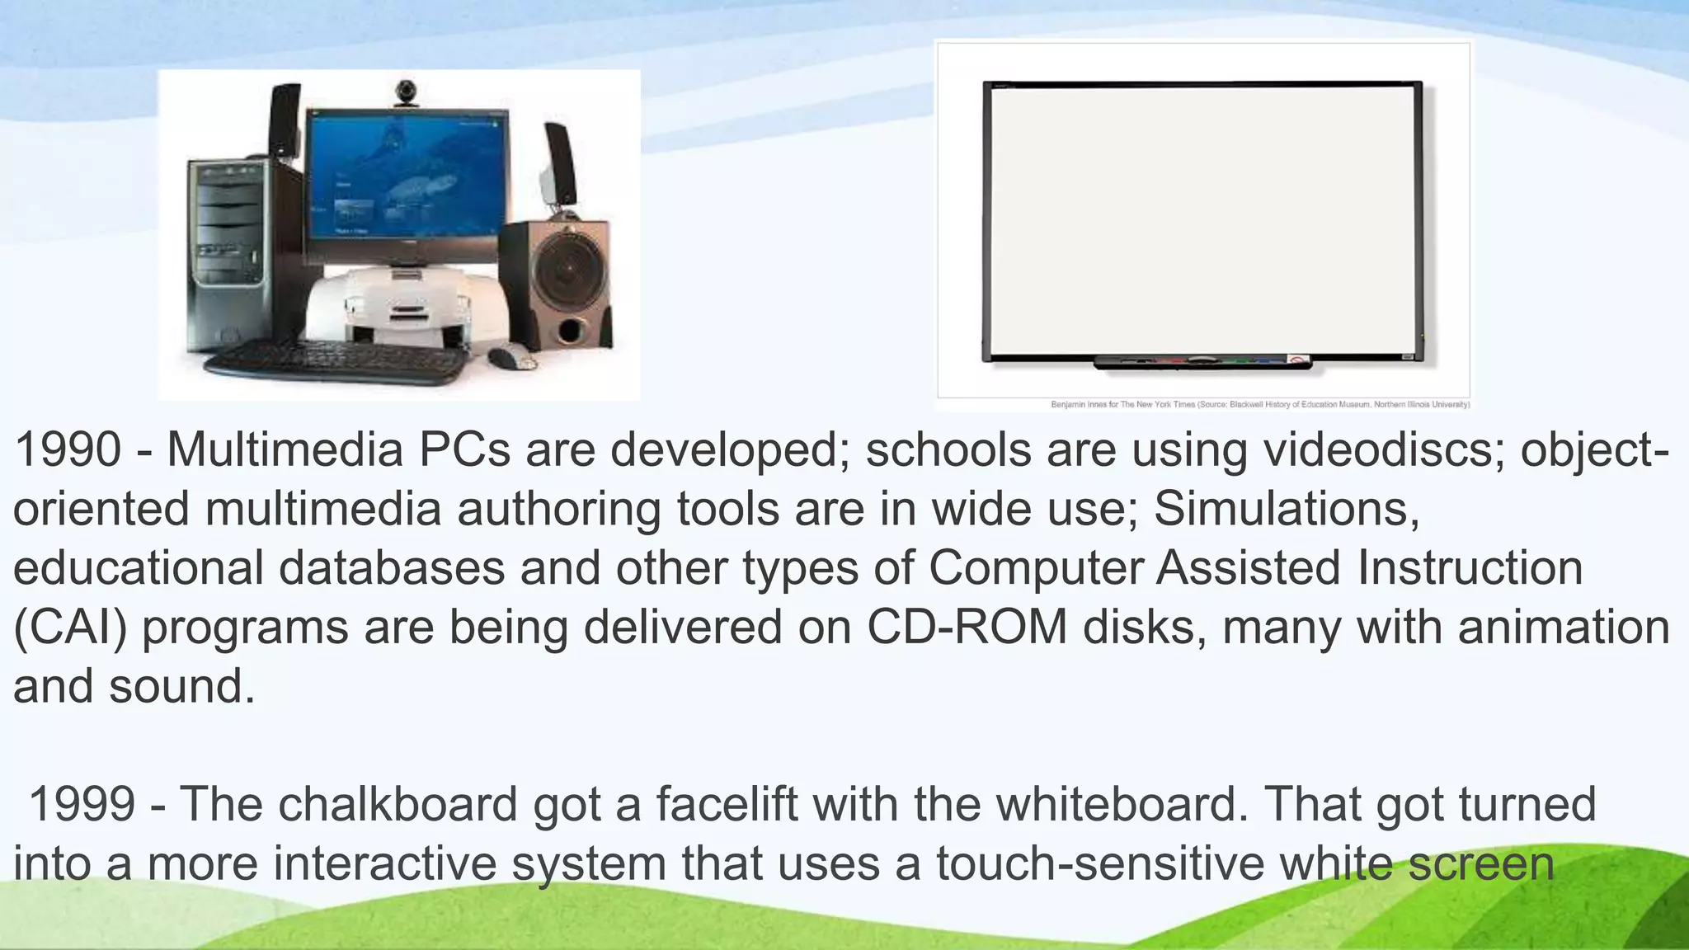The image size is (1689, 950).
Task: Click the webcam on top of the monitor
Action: [405, 92]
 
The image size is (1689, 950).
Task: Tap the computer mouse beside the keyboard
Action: [511, 358]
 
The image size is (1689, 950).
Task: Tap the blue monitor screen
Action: [407, 181]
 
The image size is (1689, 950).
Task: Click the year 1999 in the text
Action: [82, 804]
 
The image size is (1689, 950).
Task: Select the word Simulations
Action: [1287, 509]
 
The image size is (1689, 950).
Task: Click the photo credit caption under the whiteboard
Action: [1259, 405]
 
